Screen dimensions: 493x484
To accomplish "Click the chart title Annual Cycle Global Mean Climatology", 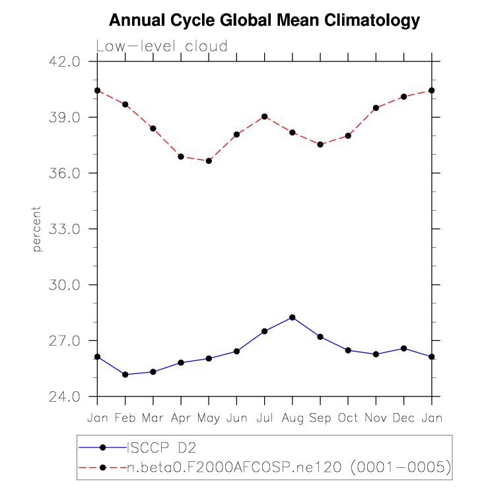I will click(x=264, y=20).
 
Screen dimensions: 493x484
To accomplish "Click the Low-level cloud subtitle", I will click(x=162, y=46).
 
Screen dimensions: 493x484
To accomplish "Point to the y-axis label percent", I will click(x=37, y=229).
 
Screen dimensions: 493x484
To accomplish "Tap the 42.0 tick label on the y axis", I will click(x=65, y=61).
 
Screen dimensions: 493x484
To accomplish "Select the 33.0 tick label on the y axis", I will click(x=65, y=229).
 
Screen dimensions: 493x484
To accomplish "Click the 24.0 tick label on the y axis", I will click(x=65, y=397).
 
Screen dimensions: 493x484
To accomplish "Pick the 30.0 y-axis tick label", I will click(x=65, y=285).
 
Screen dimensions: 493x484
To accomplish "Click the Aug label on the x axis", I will click(x=293, y=418).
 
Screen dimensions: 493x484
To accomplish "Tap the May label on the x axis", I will click(x=209, y=418).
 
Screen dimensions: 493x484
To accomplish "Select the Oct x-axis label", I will click(x=348, y=418).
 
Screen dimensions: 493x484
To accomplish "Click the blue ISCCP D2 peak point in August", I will click(x=293, y=317).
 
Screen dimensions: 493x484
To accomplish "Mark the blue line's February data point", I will click(x=125, y=375).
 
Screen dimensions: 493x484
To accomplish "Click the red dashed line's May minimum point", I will click(x=209, y=161).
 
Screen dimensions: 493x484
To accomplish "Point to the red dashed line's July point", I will click(x=265, y=116).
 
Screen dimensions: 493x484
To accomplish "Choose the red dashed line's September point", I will click(x=320, y=144).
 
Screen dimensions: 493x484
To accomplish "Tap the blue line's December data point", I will click(x=404, y=348).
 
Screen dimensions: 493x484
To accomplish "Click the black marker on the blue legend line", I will click(x=103, y=447).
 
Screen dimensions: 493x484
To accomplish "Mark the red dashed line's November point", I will click(x=376, y=108).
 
